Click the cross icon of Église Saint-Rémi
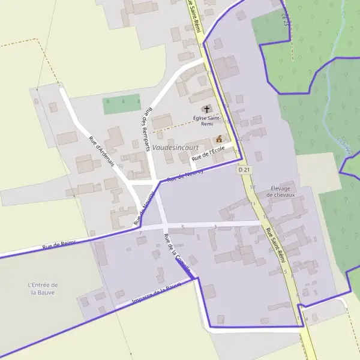pyautogui.click(x=207, y=109)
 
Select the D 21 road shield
pyautogui.click(x=244, y=170)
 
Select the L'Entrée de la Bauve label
pyautogui.click(x=43, y=289)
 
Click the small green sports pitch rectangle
pyautogui.click(x=122, y=104)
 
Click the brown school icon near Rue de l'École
pyautogui.click(x=219, y=139)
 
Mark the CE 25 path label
pyautogui.click(x=286, y=20)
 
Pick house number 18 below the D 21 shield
pyautogui.click(x=253, y=187)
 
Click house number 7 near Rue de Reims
pyautogui.click(x=139, y=233)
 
